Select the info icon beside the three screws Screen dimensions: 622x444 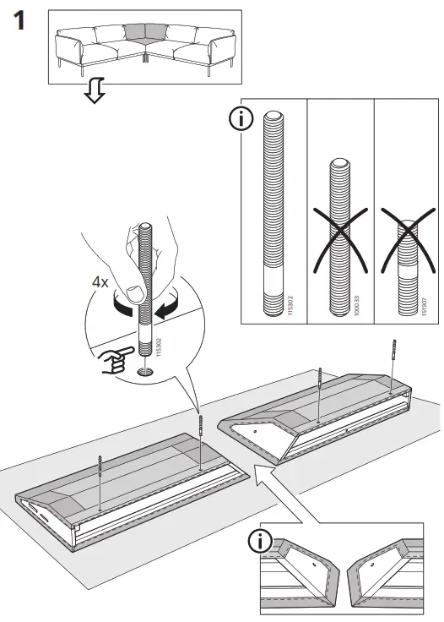point(241,119)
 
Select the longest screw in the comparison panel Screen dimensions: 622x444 point(274,211)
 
